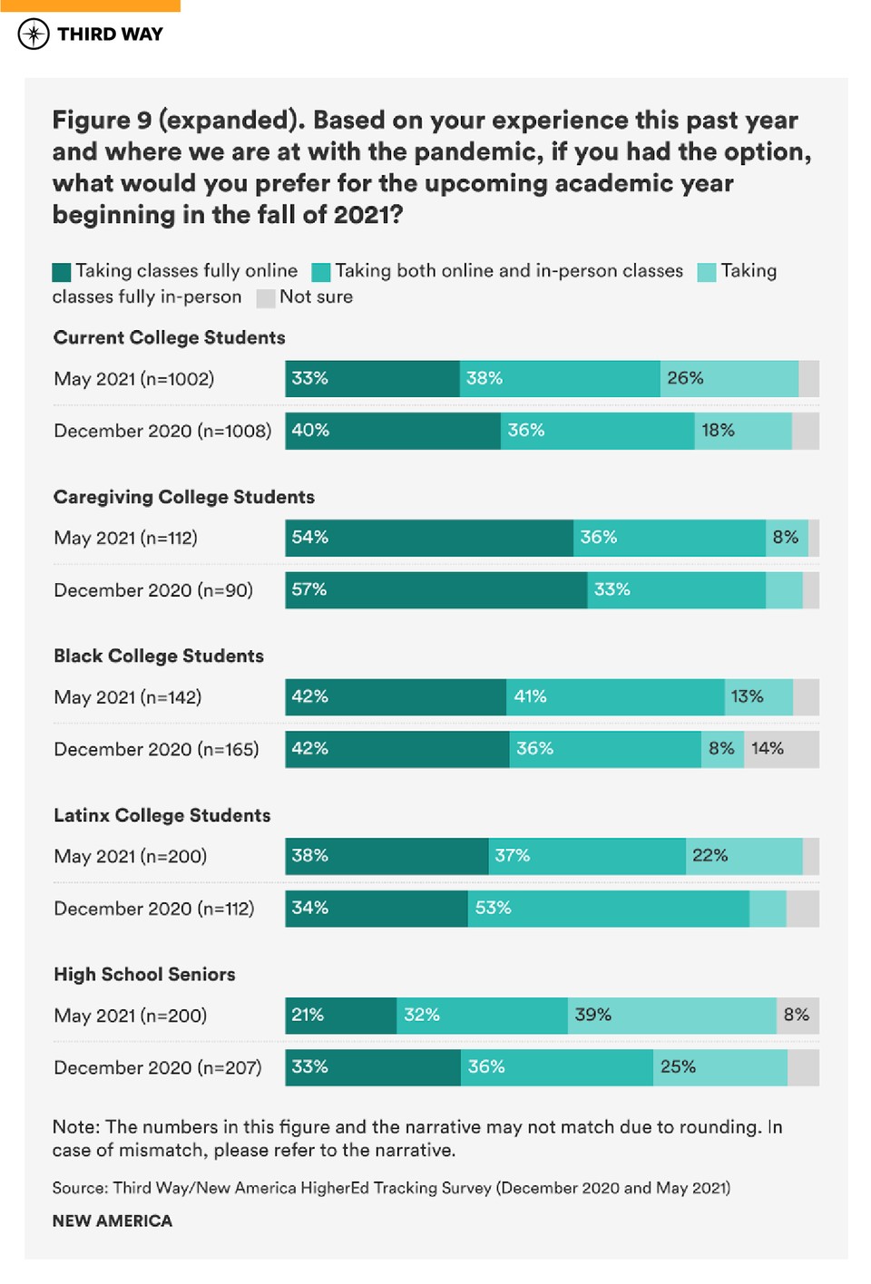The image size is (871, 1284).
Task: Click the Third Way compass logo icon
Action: point(34,34)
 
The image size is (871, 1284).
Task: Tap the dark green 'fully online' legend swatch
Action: point(62,272)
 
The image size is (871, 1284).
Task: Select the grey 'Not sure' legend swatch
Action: point(266,298)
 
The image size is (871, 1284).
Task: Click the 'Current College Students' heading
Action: point(169,337)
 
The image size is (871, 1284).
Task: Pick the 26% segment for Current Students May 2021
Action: point(729,379)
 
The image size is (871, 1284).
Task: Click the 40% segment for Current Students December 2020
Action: point(392,431)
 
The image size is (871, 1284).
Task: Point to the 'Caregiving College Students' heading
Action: point(183,497)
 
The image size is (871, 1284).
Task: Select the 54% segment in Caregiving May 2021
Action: point(428,538)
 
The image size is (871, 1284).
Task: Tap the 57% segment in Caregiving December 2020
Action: point(435,590)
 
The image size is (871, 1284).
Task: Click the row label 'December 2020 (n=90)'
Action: point(153,590)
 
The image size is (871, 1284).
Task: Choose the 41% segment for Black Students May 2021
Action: point(614,697)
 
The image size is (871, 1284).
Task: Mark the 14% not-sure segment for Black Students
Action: point(781,749)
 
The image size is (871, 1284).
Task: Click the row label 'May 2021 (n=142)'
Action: point(127,697)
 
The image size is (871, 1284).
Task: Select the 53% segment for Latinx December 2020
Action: point(608,909)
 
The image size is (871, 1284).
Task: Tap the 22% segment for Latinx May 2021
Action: point(743,856)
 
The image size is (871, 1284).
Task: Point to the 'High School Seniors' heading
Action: point(144,974)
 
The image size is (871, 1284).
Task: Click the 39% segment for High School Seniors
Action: point(671,1016)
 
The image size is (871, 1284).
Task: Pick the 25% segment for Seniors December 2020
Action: point(719,1067)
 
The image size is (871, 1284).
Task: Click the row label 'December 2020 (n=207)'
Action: point(157,1067)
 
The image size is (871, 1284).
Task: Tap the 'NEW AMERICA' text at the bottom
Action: point(112,1221)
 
